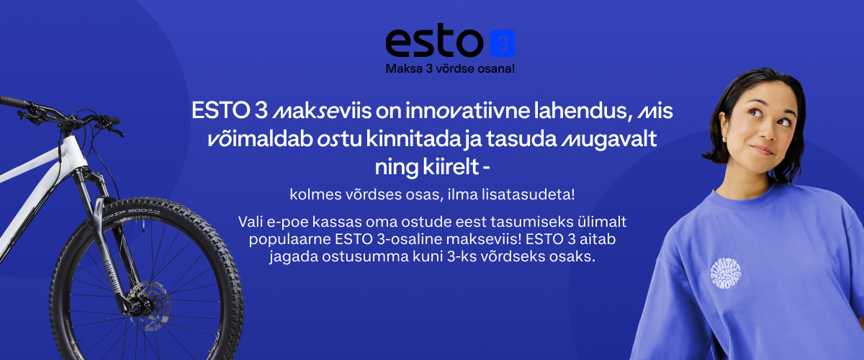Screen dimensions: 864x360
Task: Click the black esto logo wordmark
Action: point(434,40)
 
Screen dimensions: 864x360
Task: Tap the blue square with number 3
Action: point(503,43)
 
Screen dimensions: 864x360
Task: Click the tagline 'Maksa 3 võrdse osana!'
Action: point(450,68)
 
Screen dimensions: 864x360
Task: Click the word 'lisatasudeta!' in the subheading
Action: point(528,194)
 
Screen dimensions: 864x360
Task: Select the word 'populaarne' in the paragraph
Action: point(289,240)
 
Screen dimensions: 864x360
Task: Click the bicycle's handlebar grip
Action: point(14,102)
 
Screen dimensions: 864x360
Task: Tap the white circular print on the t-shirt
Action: point(726,274)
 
